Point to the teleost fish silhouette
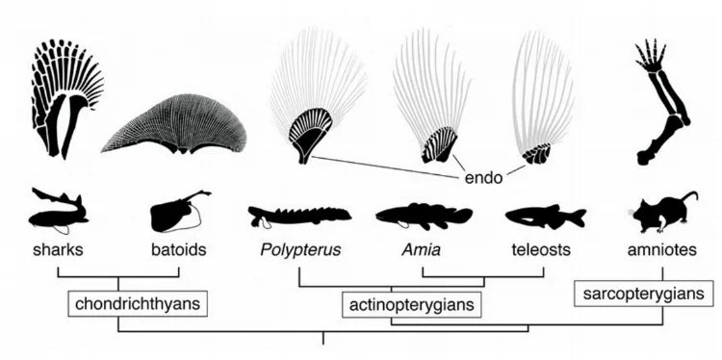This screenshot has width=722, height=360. click(x=544, y=217)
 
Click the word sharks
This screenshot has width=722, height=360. click(x=57, y=249)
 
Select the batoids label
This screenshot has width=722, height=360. click(x=179, y=249)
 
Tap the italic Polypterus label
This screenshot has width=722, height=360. click(x=297, y=250)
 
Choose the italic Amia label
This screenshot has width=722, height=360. click(x=422, y=249)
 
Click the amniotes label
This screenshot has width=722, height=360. click(x=663, y=249)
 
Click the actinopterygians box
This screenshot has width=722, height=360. click(x=412, y=305)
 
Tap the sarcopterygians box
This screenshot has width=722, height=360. click(x=644, y=293)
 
